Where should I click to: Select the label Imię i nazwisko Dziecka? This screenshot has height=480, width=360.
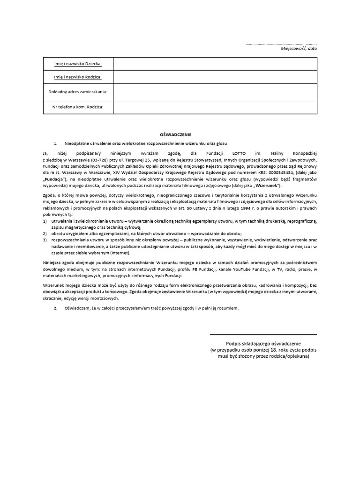pyautogui.click(x=78, y=63)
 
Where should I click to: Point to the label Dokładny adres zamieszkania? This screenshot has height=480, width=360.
pyautogui.click(x=78, y=92)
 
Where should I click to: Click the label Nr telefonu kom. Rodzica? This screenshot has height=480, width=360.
pyautogui.click(x=78, y=107)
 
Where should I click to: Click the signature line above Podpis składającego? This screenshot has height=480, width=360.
pyautogui.click(x=263, y=334)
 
